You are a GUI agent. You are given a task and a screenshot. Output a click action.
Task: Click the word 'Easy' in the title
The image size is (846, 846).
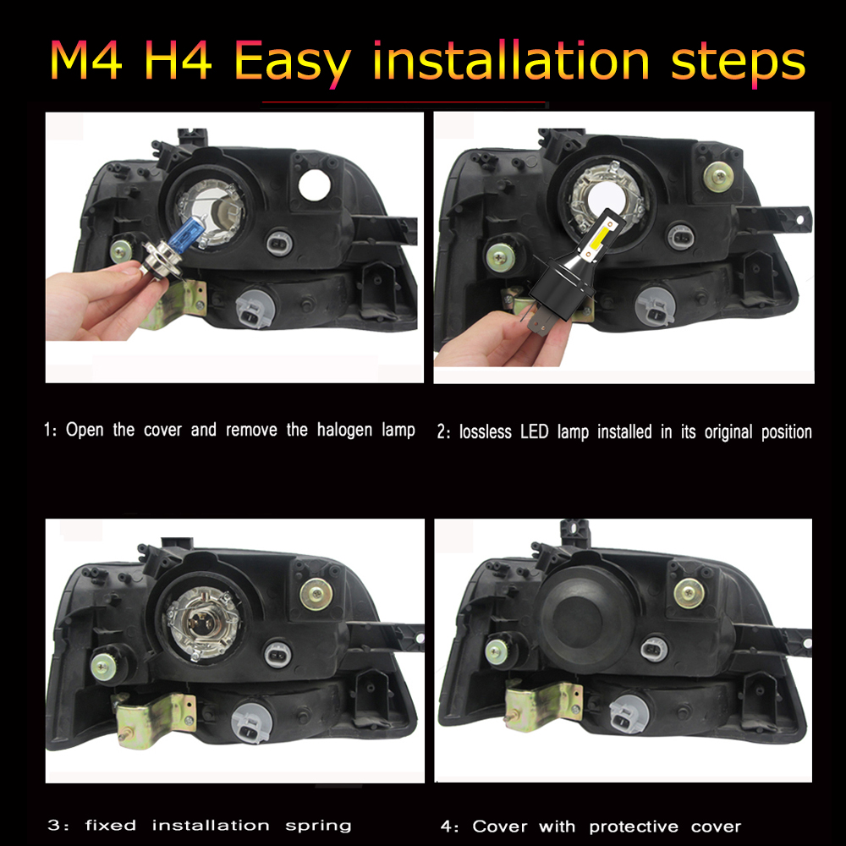point(293,62)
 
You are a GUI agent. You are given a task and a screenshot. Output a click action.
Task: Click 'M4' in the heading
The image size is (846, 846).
point(85,60)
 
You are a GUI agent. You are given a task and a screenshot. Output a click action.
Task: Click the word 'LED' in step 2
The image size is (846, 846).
point(534,431)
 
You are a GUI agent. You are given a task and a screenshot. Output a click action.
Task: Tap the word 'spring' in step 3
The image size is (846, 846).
point(318,827)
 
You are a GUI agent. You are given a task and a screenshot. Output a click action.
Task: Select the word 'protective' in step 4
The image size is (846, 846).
point(634,827)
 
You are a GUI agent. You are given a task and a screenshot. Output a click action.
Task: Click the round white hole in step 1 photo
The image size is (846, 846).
point(315,185)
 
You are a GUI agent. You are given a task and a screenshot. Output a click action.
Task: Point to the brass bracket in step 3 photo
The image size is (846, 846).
point(154,719)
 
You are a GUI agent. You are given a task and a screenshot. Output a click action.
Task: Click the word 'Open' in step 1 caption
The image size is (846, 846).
point(85,430)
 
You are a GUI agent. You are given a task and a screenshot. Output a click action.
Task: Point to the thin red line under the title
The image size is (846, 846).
point(404,102)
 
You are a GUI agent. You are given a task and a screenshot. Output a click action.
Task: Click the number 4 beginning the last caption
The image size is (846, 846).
point(446,827)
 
